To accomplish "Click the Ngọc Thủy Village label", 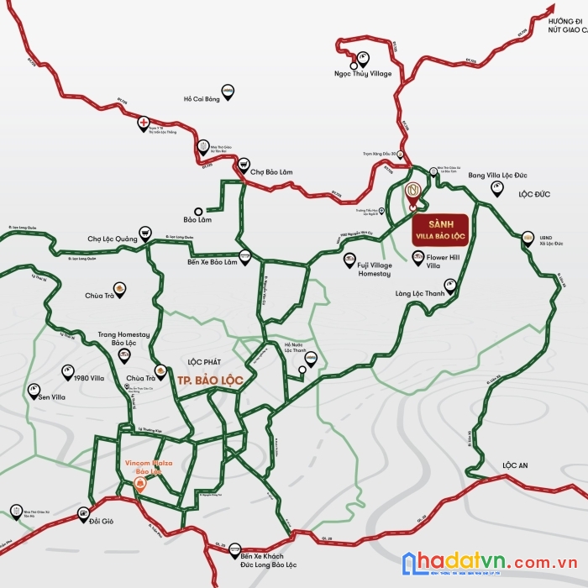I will tap(363, 74).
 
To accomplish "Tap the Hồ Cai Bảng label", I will tap(201, 99).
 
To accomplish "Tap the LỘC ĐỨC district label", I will tap(533, 194).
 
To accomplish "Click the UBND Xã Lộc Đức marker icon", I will tap(528, 238).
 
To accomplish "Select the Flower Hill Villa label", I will tap(444, 261).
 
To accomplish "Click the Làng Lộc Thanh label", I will tap(420, 292).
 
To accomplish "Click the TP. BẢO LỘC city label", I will tap(210, 381).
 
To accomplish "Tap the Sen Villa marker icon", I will tap(34, 389).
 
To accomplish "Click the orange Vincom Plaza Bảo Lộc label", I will tap(142, 467).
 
